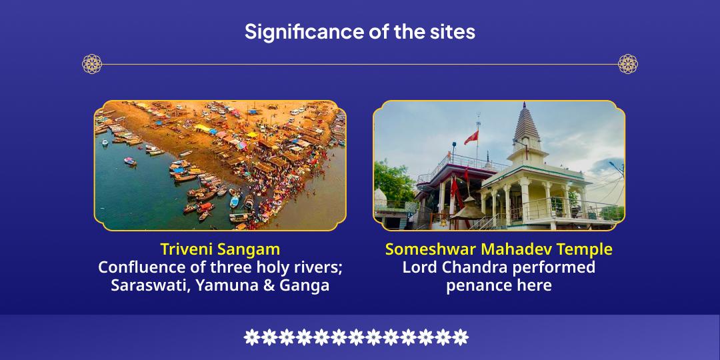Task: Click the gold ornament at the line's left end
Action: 92,64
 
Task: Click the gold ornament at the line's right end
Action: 628,64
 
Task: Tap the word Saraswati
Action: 150,285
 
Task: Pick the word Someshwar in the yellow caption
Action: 423,249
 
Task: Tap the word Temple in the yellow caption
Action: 585,250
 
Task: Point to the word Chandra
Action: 469,267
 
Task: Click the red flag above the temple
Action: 471,137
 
